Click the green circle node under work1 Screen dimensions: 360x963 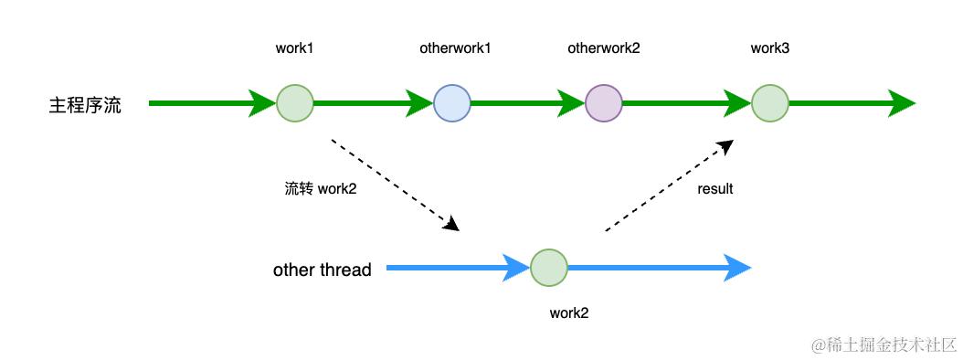294,103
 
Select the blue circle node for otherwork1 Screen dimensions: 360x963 452,103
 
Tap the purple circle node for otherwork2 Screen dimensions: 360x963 604,103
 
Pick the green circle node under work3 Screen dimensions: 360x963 769,103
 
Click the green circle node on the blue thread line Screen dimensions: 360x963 548,269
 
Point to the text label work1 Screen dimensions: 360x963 294,48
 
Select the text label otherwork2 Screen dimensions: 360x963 604,48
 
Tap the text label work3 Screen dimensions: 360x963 769,48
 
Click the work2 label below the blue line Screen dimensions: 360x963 568,312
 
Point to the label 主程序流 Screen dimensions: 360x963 85,104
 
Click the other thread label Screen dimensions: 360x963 322,270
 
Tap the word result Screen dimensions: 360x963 715,189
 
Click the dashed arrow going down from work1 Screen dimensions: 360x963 393,184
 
